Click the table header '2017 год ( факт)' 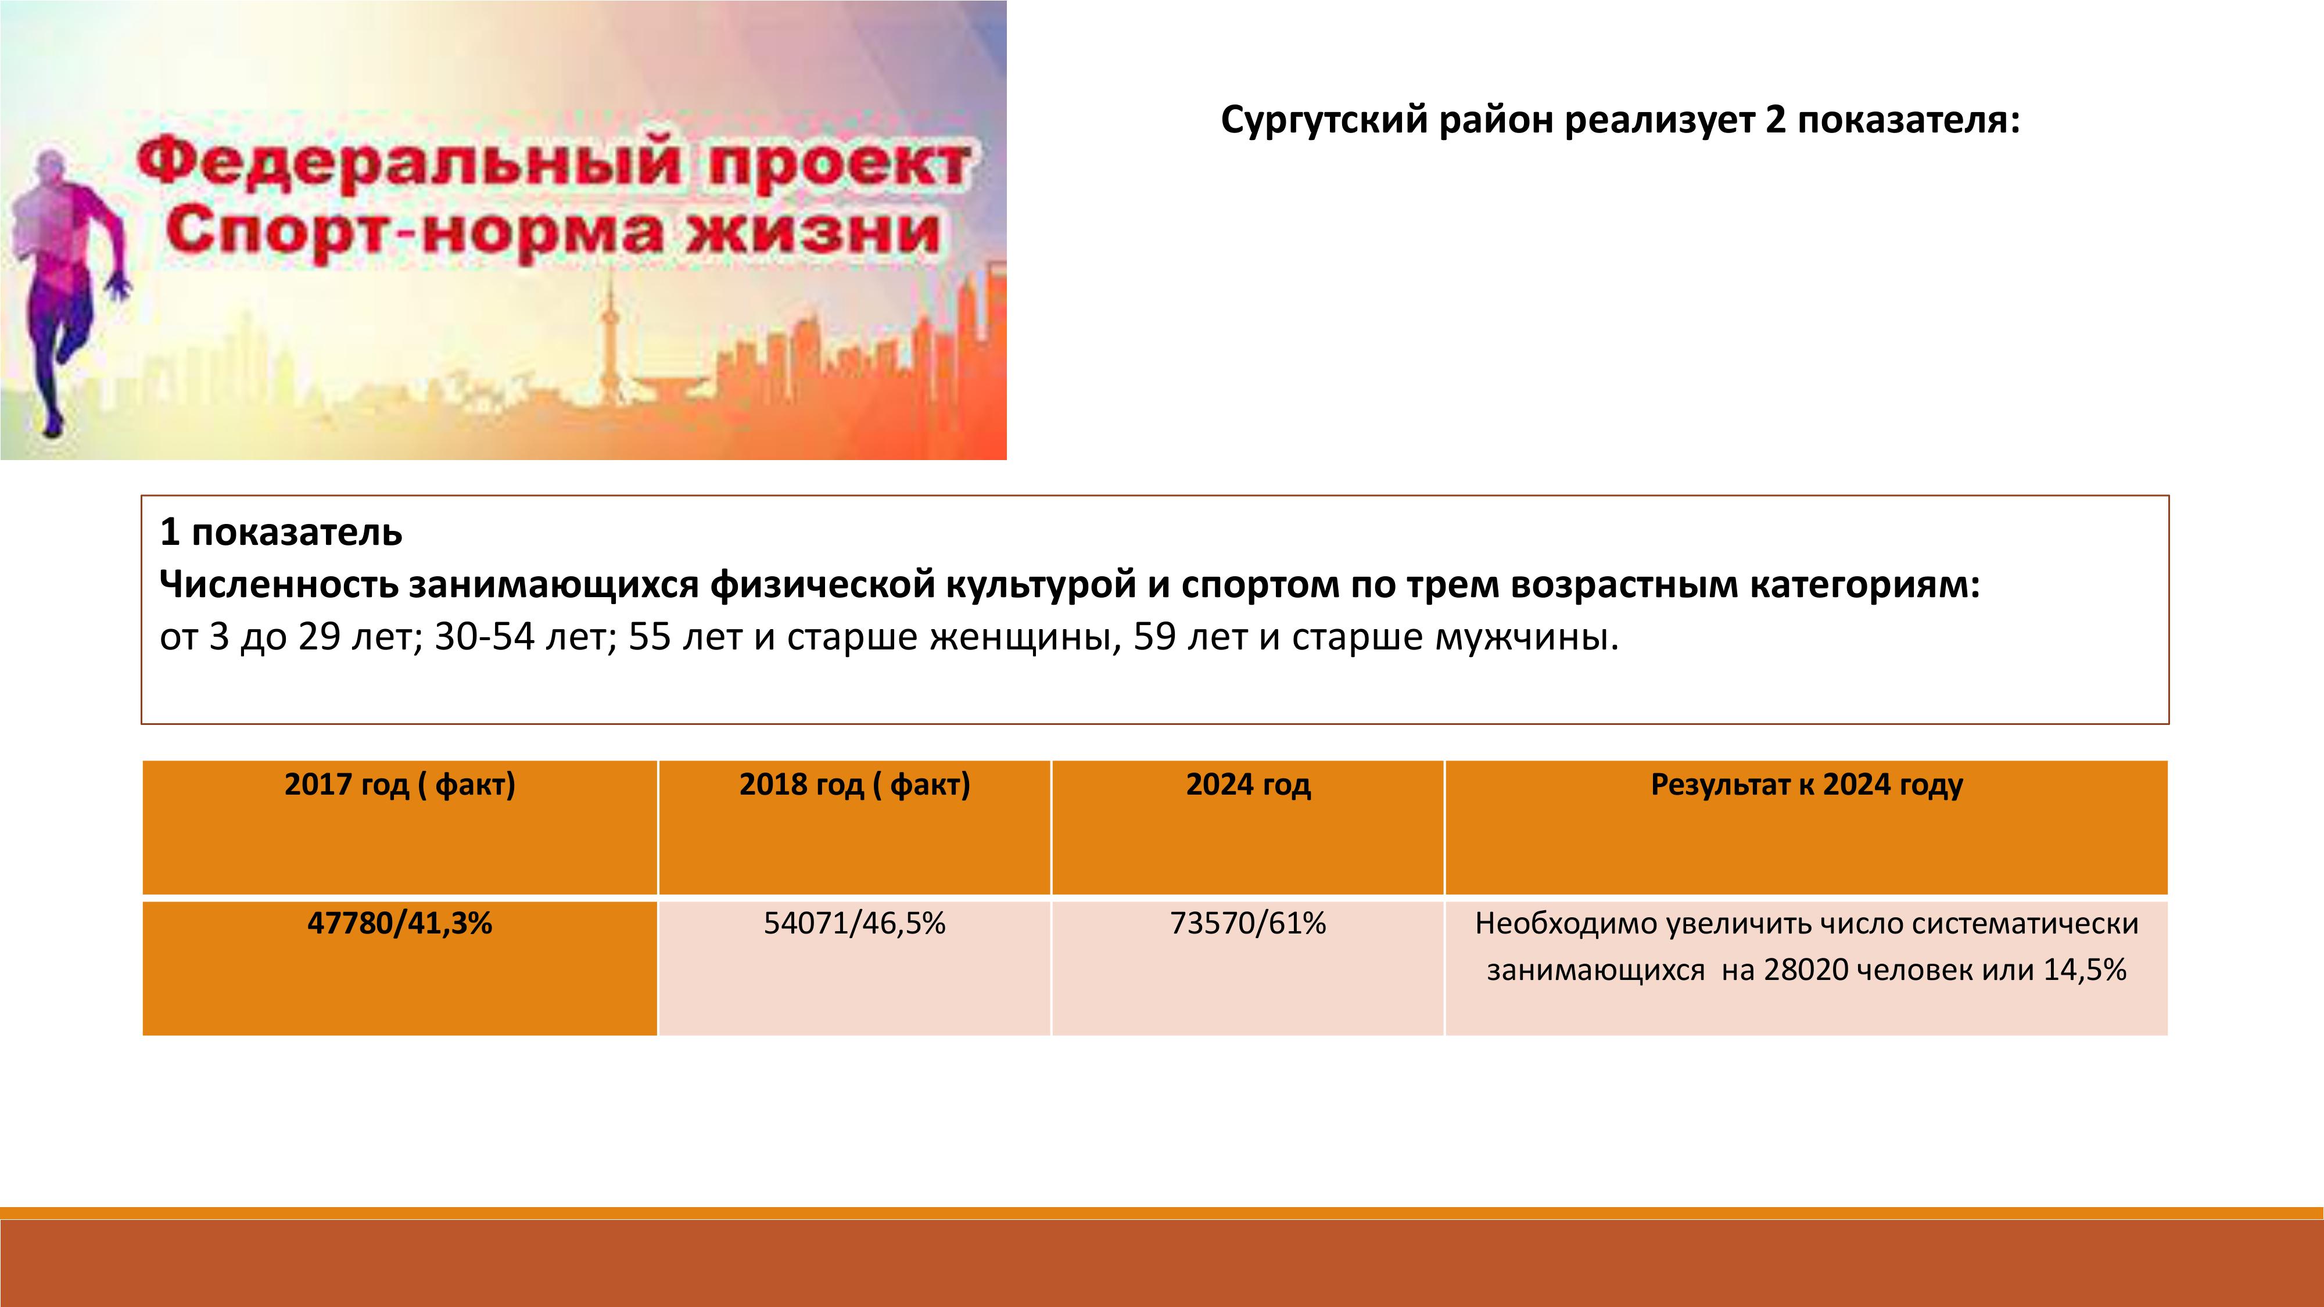pos(400,785)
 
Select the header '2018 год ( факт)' pos(854,785)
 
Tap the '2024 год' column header pos(1248,785)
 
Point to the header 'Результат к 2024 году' pos(1806,785)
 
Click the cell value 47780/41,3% pos(400,924)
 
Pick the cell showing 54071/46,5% pos(854,924)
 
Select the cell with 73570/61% pos(1248,924)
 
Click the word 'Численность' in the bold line pos(279,584)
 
